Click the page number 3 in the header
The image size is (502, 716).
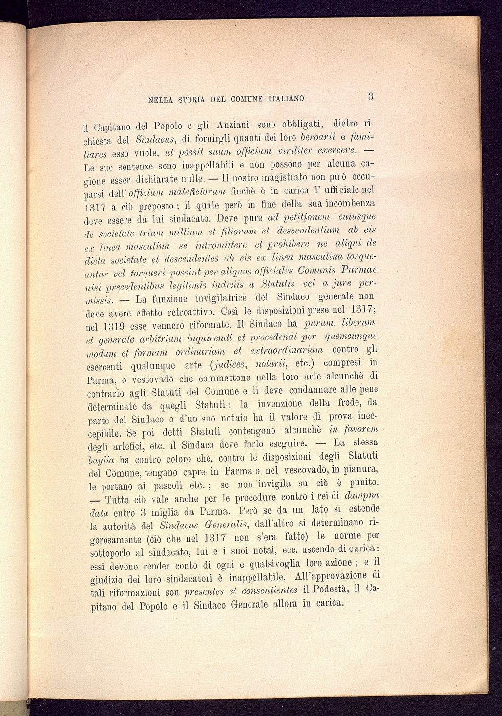371,96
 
